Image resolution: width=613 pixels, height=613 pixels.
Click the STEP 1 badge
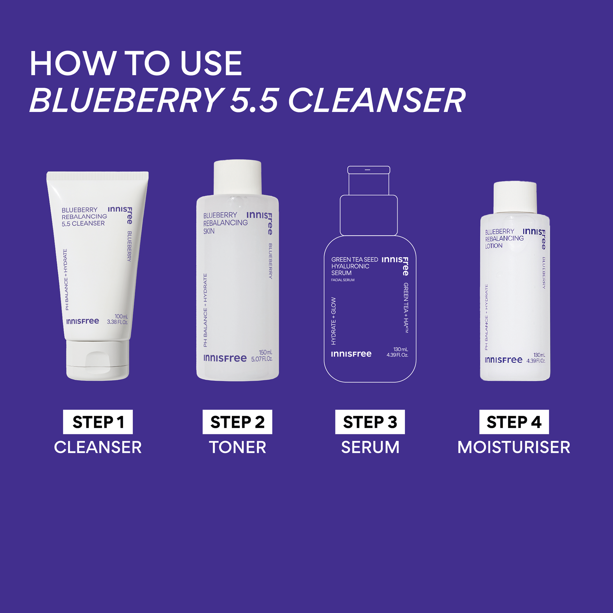[98, 422]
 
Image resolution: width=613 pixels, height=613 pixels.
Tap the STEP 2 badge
[237, 422]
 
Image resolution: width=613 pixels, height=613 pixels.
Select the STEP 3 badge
[370, 422]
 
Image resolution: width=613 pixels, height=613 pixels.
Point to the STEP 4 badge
[514, 422]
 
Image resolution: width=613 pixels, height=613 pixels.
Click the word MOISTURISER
[514, 447]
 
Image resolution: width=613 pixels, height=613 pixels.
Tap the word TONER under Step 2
[237, 447]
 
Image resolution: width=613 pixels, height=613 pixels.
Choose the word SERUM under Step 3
[370, 447]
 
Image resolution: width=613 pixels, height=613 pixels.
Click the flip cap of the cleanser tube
[98, 360]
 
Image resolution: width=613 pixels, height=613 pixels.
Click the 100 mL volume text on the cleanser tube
[121, 317]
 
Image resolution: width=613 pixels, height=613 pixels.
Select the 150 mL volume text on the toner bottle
[265, 352]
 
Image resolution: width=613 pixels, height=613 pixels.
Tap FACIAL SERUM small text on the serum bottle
[343, 280]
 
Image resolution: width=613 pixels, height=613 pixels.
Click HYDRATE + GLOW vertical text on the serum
[333, 321]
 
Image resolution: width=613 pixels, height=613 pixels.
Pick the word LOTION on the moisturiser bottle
[494, 246]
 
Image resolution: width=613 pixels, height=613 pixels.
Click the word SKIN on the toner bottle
[209, 231]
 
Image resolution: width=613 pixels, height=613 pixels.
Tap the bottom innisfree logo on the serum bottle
[351, 354]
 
